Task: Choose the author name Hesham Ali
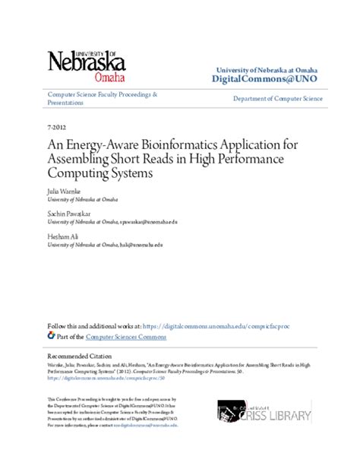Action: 63,238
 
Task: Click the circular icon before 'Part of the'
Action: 52,335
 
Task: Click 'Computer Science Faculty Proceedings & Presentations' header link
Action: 102,99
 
